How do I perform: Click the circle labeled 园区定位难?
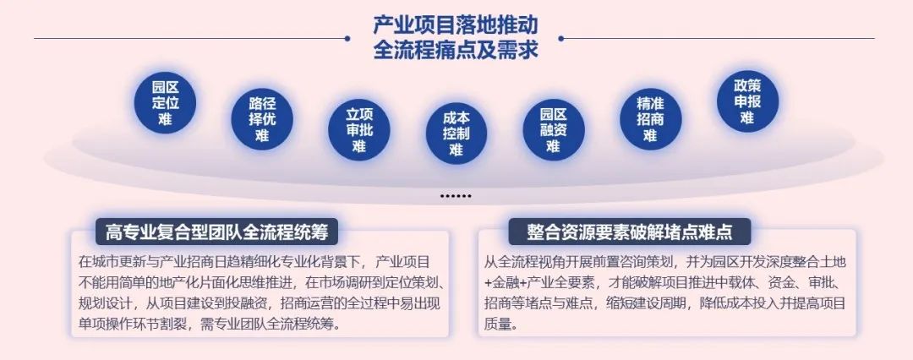pyautogui.click(x=165, y=102)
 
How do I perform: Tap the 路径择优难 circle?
pyautogui.click(x=262, y=119)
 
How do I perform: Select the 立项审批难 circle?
pyautogui.click(x=358, y=130)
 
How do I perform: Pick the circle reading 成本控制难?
pyautogui.click(x=456, y=134)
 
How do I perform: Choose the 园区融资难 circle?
pyautogui.click(x=553, y=130)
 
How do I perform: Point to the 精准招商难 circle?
pyautogui.click(x=650, y=119)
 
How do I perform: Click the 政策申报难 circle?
pyautogui.click(x=747, y=101)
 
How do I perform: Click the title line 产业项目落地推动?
pyautogui.click(x=456, y=25)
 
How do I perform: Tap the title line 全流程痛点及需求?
pyautogui.click(x=456, y=50)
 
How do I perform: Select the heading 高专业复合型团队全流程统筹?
pyautogui.click(x=216, y=232)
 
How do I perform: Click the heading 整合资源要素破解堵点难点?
pyautogui.click(x=630, y=232)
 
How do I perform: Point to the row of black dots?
pyautogui.click(x=456, y=196)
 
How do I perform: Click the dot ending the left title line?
pyautogui.click(x=347, y=38)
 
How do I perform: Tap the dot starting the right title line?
pyautogui.click(x=561, y=38)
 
